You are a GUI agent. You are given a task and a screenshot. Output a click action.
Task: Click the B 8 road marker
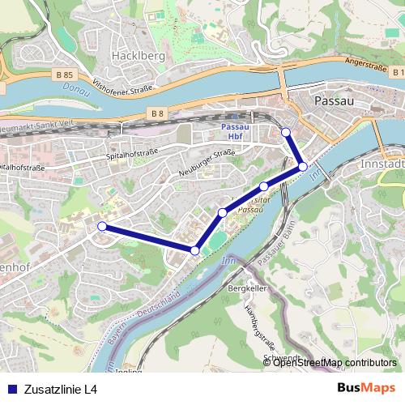coord(158,113)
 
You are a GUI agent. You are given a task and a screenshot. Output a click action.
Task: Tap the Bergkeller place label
coord(247,288)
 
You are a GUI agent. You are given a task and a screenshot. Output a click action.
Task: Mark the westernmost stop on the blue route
coord(102,226)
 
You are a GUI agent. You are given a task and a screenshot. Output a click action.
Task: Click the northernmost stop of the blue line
coord(285,131)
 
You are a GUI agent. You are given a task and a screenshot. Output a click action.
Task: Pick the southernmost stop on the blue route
coord(194,251)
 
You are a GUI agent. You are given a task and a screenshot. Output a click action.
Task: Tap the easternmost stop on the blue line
coord(303,166)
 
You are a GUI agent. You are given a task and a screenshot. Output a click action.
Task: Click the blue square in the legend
coord(9,389)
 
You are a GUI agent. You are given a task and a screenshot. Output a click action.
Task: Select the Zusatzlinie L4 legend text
coord(61,389)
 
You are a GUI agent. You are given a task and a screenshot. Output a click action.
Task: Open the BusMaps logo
coord(367,388)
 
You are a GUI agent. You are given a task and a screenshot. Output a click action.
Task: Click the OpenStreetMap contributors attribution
coord(334,363)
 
